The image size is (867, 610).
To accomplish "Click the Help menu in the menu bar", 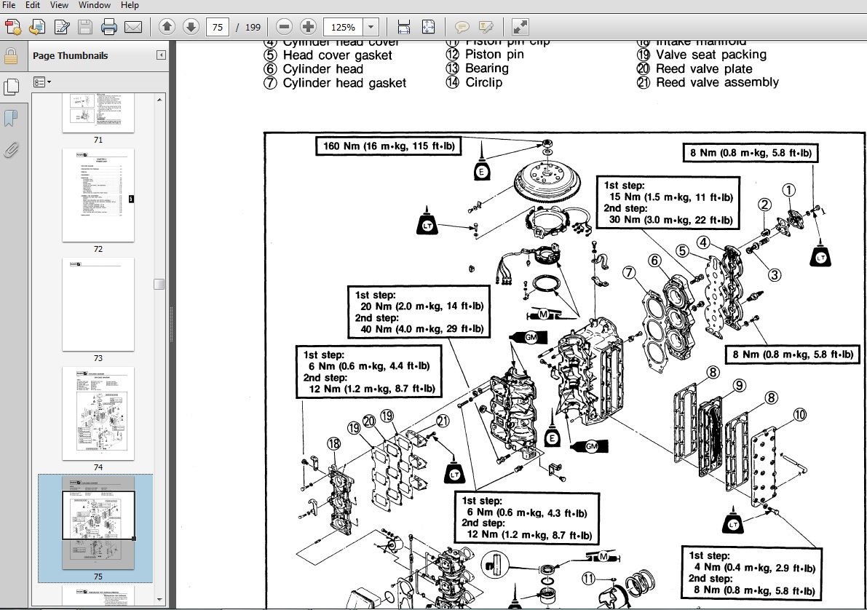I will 129,5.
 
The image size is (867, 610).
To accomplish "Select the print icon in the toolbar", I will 109,28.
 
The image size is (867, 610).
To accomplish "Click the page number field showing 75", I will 217,28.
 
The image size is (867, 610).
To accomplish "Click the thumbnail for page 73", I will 98,304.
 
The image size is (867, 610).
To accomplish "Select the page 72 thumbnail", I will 98,195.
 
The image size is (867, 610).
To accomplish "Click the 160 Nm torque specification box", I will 389,146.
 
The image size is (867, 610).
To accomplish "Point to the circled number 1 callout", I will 788,190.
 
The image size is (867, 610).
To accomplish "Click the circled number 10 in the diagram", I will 799,415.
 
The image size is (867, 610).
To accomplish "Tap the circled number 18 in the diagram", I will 333,443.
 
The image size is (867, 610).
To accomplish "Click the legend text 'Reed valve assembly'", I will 716,82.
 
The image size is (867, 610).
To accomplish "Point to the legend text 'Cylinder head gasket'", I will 344,83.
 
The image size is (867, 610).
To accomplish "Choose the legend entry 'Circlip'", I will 484,82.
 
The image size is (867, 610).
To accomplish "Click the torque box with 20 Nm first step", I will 419,312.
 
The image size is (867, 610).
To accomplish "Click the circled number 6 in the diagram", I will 654,260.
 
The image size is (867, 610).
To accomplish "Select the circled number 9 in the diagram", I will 738,385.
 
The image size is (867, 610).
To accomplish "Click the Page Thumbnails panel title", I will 70,55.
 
